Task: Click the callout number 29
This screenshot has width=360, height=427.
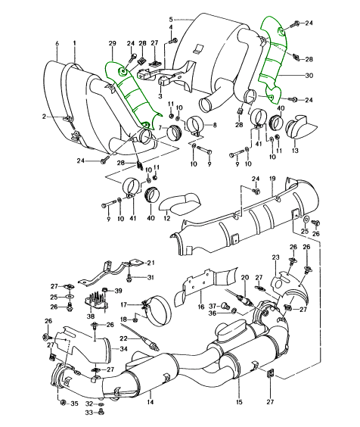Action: coord(112,43)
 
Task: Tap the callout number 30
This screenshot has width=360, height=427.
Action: coord(309,76)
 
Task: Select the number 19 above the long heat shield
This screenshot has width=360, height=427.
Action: coord(272,179)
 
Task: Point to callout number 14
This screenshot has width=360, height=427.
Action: coord(151,402)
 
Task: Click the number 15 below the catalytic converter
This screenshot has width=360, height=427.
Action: coord(239,402)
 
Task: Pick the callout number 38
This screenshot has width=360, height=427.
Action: coord(91,316)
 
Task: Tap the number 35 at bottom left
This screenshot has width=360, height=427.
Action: coord(74,404)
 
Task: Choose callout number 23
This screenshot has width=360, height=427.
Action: coord(275,257)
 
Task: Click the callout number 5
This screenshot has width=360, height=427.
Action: coord(171,20)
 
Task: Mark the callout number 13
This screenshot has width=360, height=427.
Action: coord(295,151)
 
